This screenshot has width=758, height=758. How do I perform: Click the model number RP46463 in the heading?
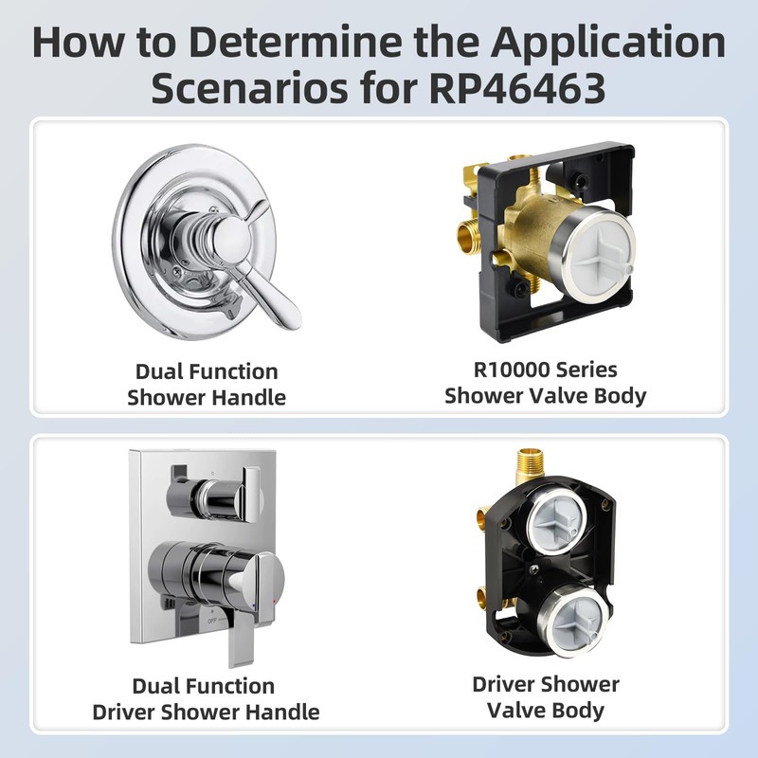tap(516, 88)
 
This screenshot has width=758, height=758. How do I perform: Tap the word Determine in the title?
tap(295, 43)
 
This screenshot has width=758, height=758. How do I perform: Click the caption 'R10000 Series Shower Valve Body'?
tap(546, 383)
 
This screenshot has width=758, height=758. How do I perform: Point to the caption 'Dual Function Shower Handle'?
tap(207, 385)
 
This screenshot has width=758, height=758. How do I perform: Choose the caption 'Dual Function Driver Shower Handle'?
tap(206, 699)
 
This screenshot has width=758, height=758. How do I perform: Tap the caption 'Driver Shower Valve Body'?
tap(546, 697)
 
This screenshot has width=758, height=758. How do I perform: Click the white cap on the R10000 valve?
tap(598, 254)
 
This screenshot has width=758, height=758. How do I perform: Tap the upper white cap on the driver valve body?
tap(555, 522)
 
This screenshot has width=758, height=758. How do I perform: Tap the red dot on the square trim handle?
tap(275, 602)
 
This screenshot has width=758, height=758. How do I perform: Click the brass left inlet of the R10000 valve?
tap(465, 235)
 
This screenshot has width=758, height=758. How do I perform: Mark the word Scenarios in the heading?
tap(250, 88)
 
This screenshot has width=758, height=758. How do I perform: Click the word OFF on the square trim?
tap(211, 622)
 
